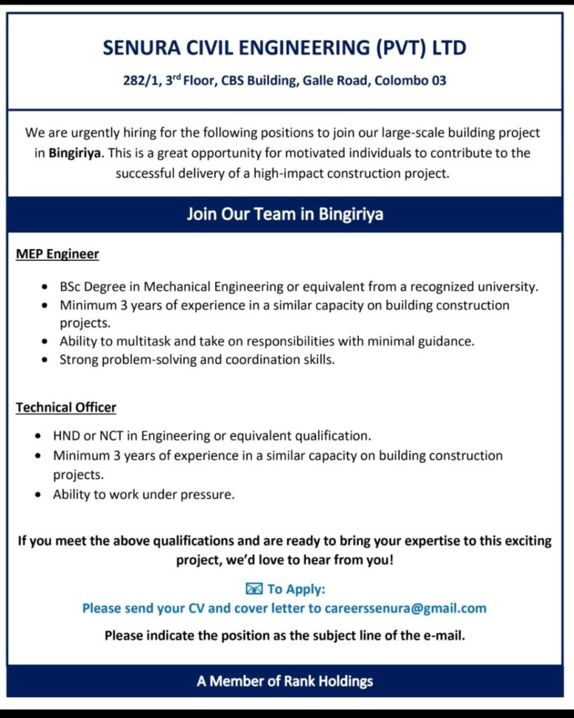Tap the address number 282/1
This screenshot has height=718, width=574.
pyautogui.click(x=142, y=80)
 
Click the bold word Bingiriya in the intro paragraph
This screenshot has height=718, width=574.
pyautogui.click(x=76, y=153)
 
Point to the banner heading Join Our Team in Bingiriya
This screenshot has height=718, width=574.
pyautogui.click(x=285, y=214)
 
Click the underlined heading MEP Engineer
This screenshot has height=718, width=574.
pyautogui.click(x=57, y=254)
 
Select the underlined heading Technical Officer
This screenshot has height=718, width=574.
pyautogui.click(x=66, y=407)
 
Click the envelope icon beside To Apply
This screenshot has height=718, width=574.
pyautogui.click(x=254, y=588)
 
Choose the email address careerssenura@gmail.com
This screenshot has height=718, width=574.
pyautogui.click(x=405, y=608)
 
